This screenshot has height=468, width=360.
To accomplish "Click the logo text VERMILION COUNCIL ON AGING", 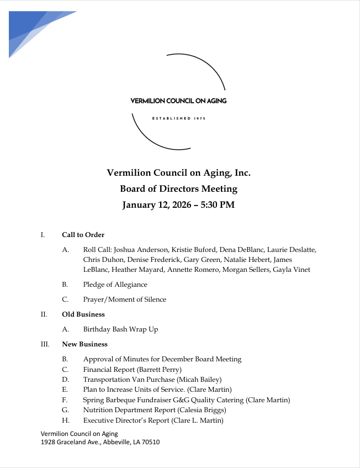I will tap(178, 101).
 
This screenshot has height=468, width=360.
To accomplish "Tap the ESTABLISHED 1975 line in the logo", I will tap(178, 119).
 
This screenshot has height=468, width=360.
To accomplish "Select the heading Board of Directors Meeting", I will tap(178, 189).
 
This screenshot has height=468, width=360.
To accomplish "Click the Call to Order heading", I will tap(83, 235).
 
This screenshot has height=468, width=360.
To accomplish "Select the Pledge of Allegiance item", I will tap(115, 285).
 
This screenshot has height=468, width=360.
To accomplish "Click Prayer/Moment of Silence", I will tap(124, 299).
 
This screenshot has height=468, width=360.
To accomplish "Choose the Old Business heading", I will tap(83, 314).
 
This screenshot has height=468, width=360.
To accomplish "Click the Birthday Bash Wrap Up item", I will tap(120, 329).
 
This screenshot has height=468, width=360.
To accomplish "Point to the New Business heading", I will tap(84, 344).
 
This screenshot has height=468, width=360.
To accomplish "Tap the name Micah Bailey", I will tap(205, 380).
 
